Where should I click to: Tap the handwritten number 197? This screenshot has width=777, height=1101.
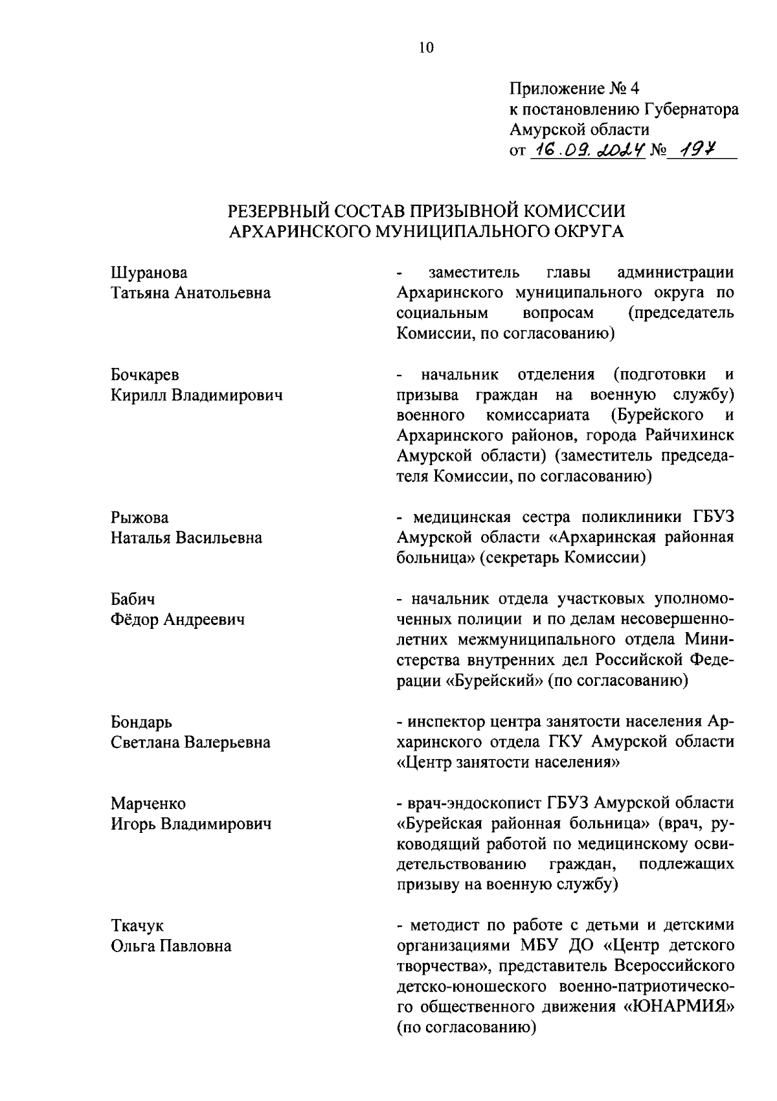(696, 150)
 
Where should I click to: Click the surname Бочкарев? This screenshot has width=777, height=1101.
(145, 375)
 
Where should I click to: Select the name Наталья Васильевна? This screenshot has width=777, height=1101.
(186, 538)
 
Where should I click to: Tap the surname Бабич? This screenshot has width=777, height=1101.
(133, 600)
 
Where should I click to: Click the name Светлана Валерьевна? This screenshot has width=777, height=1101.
(190, 742)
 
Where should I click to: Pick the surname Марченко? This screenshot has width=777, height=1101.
(148, 804)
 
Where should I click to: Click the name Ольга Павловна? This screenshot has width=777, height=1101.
(171, 946)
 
